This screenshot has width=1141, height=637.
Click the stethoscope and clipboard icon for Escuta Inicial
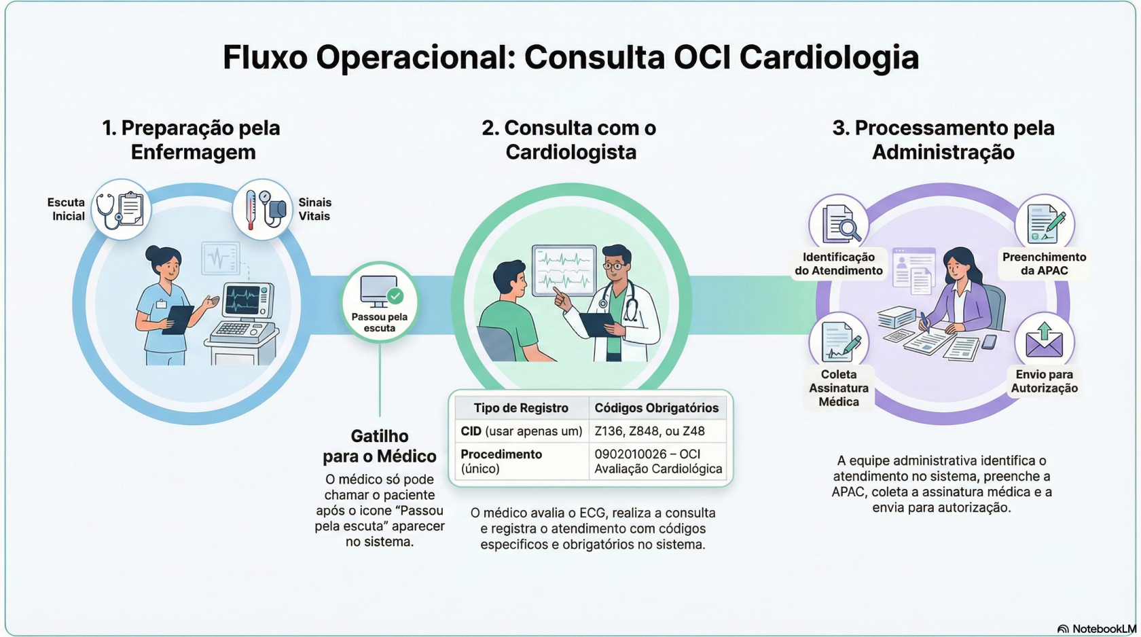click(121, 210)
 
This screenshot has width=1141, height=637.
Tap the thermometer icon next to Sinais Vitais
click(251, 210)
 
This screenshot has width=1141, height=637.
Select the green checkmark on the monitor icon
click(395, 296)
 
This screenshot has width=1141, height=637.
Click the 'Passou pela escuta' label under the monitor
click(379, 323)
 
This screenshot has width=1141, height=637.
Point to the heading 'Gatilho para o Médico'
click(379, 446)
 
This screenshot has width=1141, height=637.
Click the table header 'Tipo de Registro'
click(521, 408)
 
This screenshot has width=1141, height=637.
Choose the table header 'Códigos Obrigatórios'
click(656, 408)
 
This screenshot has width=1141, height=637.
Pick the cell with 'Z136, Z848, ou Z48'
click(649, 431)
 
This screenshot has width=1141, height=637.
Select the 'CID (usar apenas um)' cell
click(521, 431)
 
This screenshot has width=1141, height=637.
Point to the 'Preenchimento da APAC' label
click(1044, 264)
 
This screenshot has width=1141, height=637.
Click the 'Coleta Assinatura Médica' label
click(839, 388)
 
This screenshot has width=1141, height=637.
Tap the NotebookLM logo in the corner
click(1096, 629)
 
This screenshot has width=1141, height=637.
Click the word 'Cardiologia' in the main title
click(829, 58)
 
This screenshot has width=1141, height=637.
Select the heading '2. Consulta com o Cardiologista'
click(569, 140)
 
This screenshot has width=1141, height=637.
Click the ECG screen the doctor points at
click(564, 270)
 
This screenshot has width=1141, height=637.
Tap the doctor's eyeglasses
click(615, 266)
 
